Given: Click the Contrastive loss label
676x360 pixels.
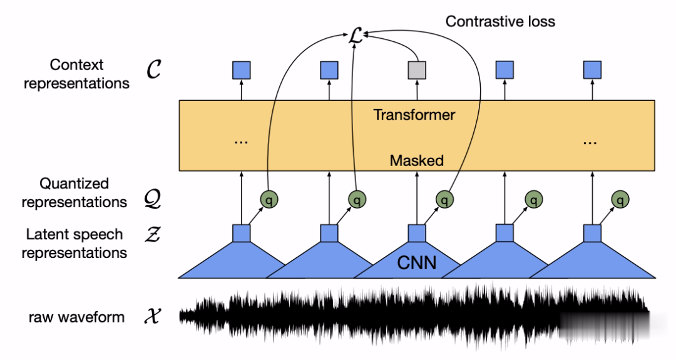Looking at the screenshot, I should pos(499,21).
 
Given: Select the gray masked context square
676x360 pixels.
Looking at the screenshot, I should pos(417,70).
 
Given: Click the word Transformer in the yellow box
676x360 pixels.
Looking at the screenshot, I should pos(414,115).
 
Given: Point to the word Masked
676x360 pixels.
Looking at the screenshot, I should pos(417,160).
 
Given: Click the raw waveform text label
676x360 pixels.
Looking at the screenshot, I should pos(76,317).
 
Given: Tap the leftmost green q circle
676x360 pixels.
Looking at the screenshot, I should pos(270,200).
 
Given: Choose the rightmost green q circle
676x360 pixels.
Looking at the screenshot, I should pos(621,200).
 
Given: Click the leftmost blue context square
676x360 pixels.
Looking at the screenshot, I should pos(242,70).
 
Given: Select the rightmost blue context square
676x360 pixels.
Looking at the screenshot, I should pos(592,70).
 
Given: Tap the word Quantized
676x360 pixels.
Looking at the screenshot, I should pos(74,183).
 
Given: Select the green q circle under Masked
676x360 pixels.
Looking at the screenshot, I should pos(445,200).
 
